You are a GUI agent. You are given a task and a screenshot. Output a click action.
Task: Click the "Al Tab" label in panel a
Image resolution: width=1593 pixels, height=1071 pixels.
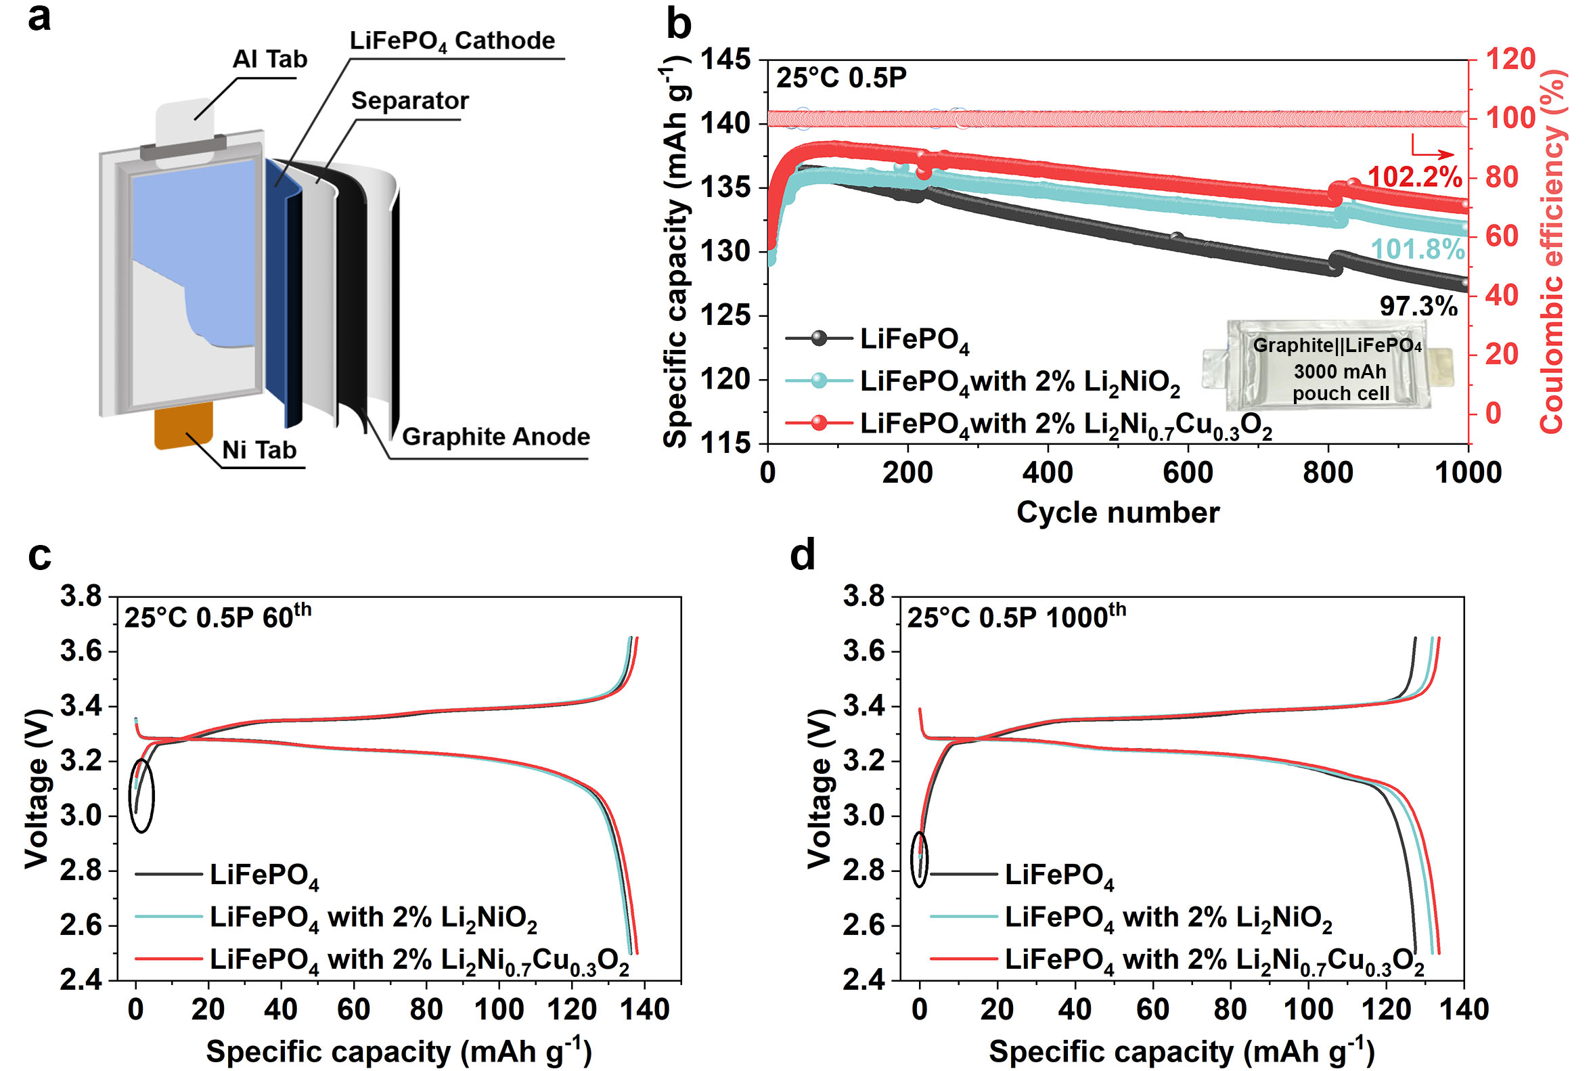click(x=270, y=60)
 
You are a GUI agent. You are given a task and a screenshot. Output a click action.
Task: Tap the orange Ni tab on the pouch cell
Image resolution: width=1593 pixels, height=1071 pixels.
click(x=183, y=425)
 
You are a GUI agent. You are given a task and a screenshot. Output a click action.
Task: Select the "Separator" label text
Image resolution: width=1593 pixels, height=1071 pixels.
click(x=409, y=101)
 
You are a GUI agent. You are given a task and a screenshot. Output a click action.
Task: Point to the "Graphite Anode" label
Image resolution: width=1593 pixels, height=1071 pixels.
click(x=496, y=437)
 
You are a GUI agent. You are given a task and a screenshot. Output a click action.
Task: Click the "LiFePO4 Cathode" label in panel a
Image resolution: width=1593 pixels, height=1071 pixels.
click(x=452, y=41)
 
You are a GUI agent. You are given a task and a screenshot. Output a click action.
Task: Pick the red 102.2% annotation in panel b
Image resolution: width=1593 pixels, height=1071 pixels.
click(x=1414, y=177)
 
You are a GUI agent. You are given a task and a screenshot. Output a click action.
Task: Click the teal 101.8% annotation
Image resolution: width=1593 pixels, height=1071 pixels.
click(x=1418, y=250)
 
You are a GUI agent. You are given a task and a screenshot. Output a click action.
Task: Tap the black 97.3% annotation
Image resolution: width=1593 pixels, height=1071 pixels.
click(x=1418, y=307)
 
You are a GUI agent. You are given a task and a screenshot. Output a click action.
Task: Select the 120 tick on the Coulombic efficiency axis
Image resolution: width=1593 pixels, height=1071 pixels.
click(x=1511, y=60)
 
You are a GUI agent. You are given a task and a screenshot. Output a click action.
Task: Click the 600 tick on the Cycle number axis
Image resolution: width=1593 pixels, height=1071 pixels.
click(x=1188, y=473)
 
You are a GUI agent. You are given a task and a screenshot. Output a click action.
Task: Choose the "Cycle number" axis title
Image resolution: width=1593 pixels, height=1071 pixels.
click(x=1118, y=512)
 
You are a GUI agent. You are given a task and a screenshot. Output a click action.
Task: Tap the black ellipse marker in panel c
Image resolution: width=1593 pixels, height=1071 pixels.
click(x=142, y=795)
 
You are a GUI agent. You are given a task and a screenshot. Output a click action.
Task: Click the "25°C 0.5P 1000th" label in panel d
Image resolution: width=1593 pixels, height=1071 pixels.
click(x=1016, y=617)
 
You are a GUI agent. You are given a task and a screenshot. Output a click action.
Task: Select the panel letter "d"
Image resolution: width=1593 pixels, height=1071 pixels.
click(x=803, y=554)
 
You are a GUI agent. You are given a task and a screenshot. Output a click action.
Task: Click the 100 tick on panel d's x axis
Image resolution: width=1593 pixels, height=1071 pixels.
click(x=1308, y=1009)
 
